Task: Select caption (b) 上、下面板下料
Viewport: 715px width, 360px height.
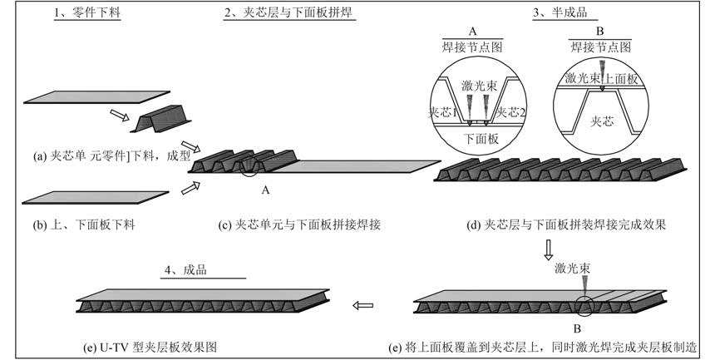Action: pos(81,224)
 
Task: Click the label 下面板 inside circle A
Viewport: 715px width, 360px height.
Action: pos(481,140)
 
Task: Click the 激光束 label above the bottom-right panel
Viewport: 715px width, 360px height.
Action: pos(572,271)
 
